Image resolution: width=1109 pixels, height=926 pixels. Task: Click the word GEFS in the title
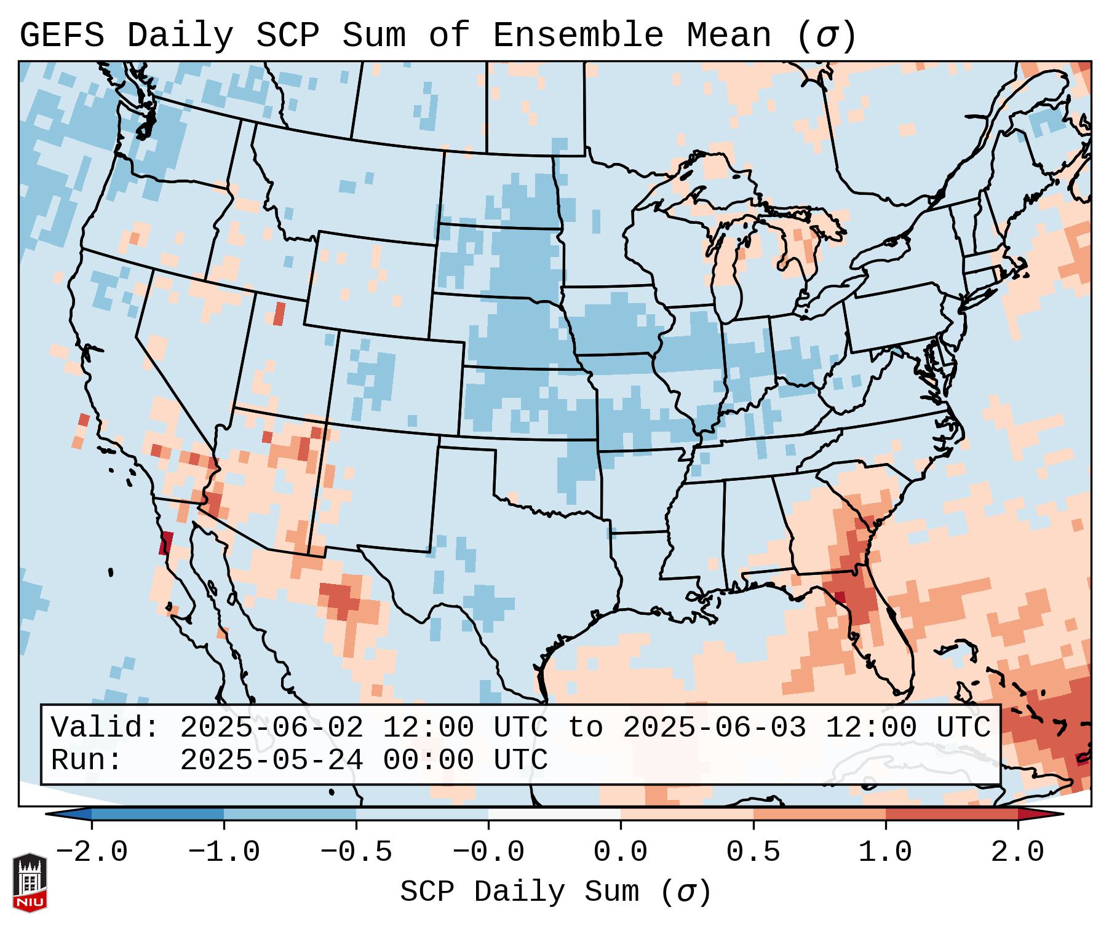coord(62,35)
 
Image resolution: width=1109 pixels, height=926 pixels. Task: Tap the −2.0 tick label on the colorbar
coord(92,852)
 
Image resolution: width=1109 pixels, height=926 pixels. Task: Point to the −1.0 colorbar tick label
coord(224,852)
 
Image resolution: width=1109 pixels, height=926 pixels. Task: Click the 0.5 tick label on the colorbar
coord(753,852)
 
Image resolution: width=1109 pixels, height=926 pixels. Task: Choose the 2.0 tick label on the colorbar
coord(1017,852)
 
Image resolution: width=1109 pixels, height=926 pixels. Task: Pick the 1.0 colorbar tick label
coord(885,852)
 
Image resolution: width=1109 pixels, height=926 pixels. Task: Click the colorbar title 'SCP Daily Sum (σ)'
coord(555,892)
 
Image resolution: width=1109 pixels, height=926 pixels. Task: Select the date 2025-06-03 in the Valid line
coord(714,728)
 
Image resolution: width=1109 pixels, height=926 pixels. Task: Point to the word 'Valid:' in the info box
coord(105,728)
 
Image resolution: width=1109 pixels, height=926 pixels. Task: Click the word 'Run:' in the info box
coord(87,760)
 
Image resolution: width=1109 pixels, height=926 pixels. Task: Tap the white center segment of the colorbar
coord(554,814)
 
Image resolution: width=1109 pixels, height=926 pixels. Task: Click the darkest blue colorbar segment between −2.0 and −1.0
coord(157,814)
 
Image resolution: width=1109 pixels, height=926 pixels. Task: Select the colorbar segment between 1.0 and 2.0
coord(951,814)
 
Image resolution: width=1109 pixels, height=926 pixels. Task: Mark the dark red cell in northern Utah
coord(279,314)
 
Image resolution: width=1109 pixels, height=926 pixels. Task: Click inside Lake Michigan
coord(726,271)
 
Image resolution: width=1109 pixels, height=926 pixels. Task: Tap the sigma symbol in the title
coord(826,36)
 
